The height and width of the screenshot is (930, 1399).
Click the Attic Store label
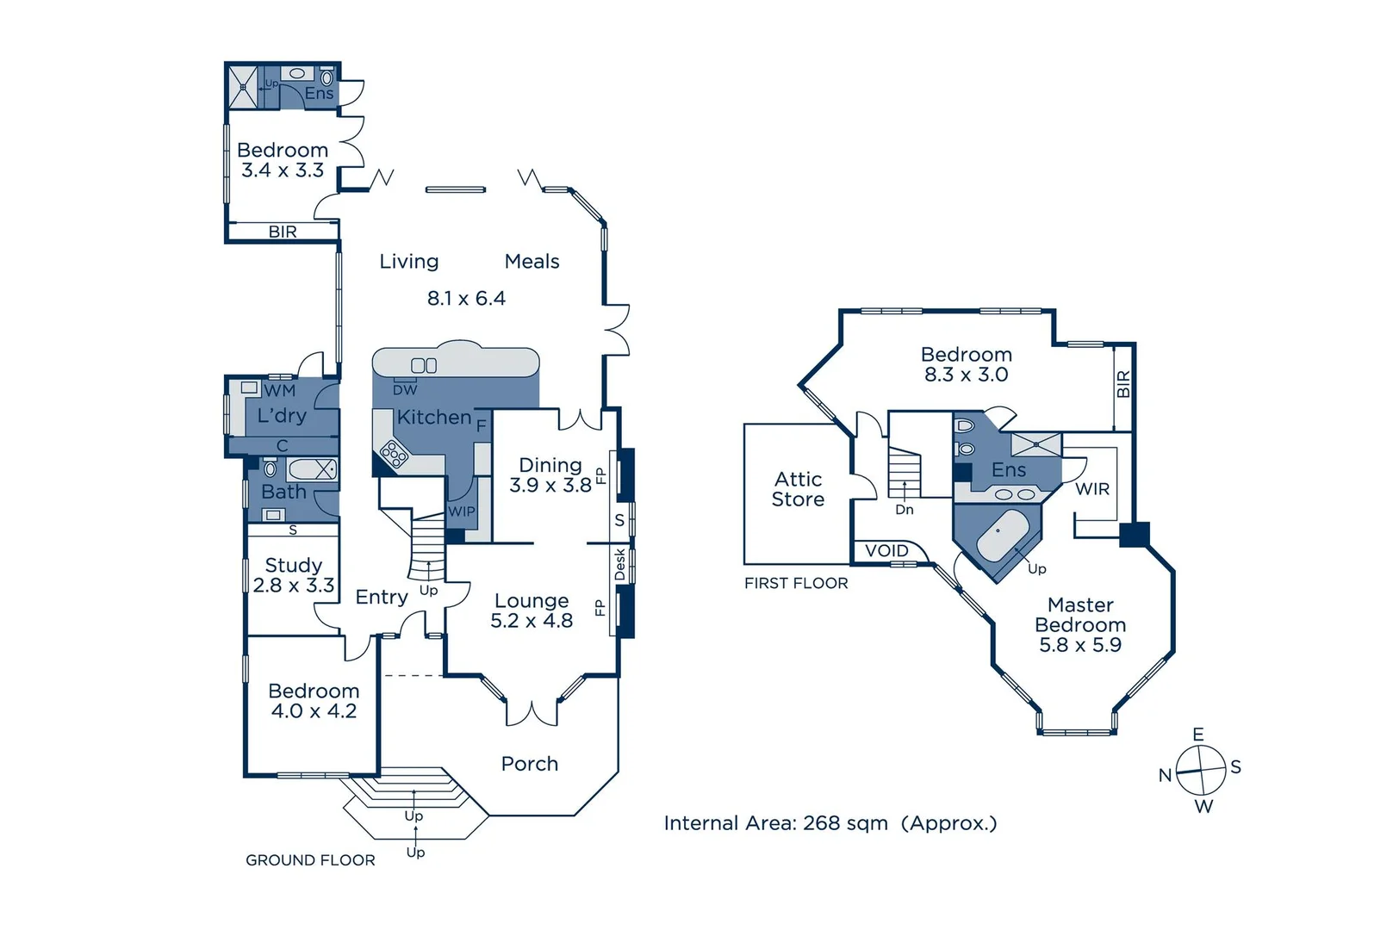click(798, 490)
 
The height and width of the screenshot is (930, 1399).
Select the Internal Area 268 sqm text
click(830, 823)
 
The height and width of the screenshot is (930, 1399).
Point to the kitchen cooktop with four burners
click(394, 453)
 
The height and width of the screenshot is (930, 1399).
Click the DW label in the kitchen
click(405, 390)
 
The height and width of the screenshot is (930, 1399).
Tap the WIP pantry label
click(461, 512)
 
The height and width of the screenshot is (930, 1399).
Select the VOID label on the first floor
click(886, 551)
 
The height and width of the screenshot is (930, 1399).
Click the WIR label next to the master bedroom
click(1091, 489)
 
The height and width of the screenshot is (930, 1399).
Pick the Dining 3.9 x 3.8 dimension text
click(550, 486)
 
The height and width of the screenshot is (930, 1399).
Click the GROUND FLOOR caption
click(310, 860)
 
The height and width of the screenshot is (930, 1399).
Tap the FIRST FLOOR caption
click(796, 584)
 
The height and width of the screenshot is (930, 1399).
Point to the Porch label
click(529, 764)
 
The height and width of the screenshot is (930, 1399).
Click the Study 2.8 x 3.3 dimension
click(294, 586)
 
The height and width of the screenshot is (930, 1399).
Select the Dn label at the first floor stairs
click(904, 510)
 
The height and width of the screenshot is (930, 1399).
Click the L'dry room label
click(282, 416)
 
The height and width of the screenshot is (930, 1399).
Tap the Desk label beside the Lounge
click(619, 565)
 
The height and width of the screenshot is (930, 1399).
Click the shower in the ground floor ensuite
click(243, 87)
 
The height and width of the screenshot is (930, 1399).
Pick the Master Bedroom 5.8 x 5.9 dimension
click(1079, 645)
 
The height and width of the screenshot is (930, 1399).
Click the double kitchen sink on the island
click(424, 365)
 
